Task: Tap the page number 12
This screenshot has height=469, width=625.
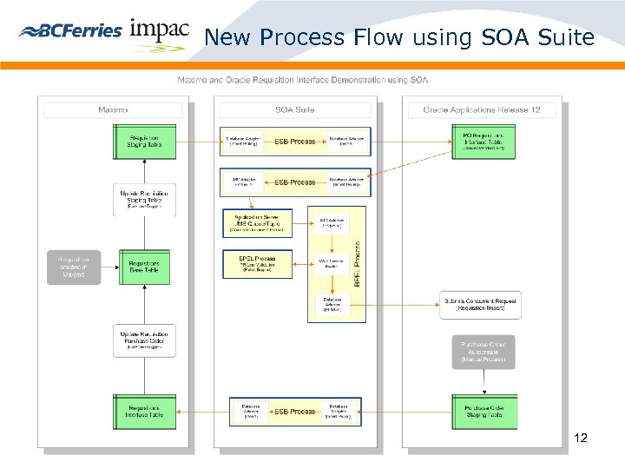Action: point(581,439)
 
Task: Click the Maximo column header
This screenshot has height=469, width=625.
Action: point(113,109)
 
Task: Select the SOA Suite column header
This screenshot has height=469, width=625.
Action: point(295,109)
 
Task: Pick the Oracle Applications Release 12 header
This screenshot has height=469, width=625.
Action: point(482,109)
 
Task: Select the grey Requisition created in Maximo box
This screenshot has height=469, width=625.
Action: point(73,266)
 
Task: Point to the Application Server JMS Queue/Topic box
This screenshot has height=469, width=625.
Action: point(257,223)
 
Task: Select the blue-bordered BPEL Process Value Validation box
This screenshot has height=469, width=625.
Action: point(257,264)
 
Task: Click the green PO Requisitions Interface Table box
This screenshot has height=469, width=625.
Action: point(484,142)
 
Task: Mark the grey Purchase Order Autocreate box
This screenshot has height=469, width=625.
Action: point(484,352)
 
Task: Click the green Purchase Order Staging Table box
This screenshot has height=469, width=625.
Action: point(484,411)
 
